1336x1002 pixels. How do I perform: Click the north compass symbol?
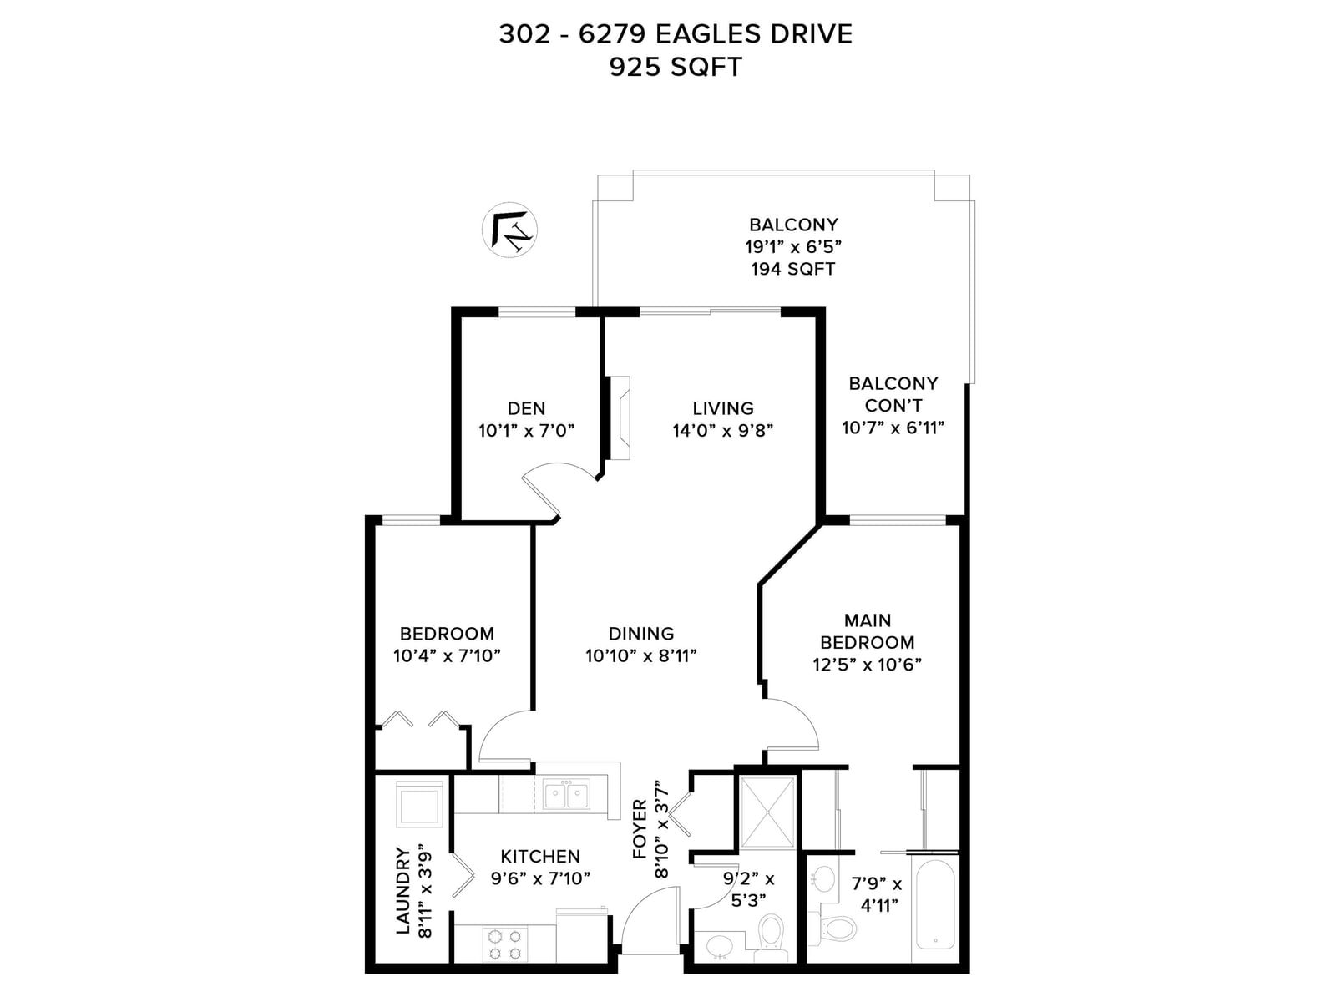click(x=509, y=230)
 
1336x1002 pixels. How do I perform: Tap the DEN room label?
click(x=527, y=407)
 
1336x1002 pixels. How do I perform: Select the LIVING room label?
click(x=722, y=407)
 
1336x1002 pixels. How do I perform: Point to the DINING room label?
click(x=641, y=633)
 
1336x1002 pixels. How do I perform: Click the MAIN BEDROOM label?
click(x=868, y=631)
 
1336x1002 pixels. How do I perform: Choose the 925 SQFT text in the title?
click(x=676, y=67)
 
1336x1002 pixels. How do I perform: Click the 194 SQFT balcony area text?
click(x=792, y=268)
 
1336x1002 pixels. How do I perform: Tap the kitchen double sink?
click(x=567, y=795)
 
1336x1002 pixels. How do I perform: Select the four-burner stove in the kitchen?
click(x=505, y=944)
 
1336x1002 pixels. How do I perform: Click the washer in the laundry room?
click(x=419, y=804)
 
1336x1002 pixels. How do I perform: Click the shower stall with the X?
click(x=767, y=812)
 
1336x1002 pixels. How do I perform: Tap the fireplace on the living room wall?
click(x=620, y=417)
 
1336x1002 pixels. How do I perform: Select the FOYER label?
click(x=639, y=829)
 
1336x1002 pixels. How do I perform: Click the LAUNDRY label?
click(x=402, y=890)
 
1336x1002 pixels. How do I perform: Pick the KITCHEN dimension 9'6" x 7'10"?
click(x=540, y=878)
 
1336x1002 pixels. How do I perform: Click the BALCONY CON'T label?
click(x=893, y=394)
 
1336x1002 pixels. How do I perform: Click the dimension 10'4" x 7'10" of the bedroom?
click(x=447, y=655)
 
